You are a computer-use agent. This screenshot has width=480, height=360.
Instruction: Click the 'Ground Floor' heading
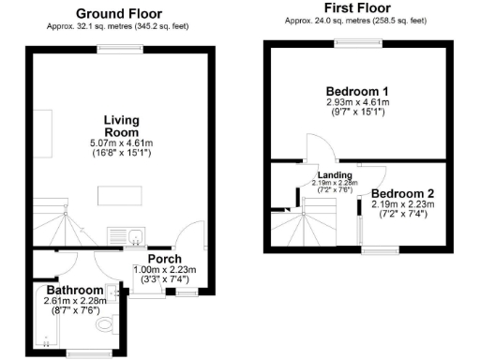[x=118, y=13]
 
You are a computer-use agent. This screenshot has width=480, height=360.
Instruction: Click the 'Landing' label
[x=335, y=174]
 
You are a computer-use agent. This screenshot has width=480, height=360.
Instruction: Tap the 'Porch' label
[x=164, y=259]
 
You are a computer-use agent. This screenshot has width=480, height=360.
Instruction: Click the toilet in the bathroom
[x=106, y=324]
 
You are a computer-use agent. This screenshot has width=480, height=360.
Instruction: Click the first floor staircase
[x=299, y=225]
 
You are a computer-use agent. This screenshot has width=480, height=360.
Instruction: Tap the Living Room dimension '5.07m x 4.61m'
[x=120, y=142]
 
